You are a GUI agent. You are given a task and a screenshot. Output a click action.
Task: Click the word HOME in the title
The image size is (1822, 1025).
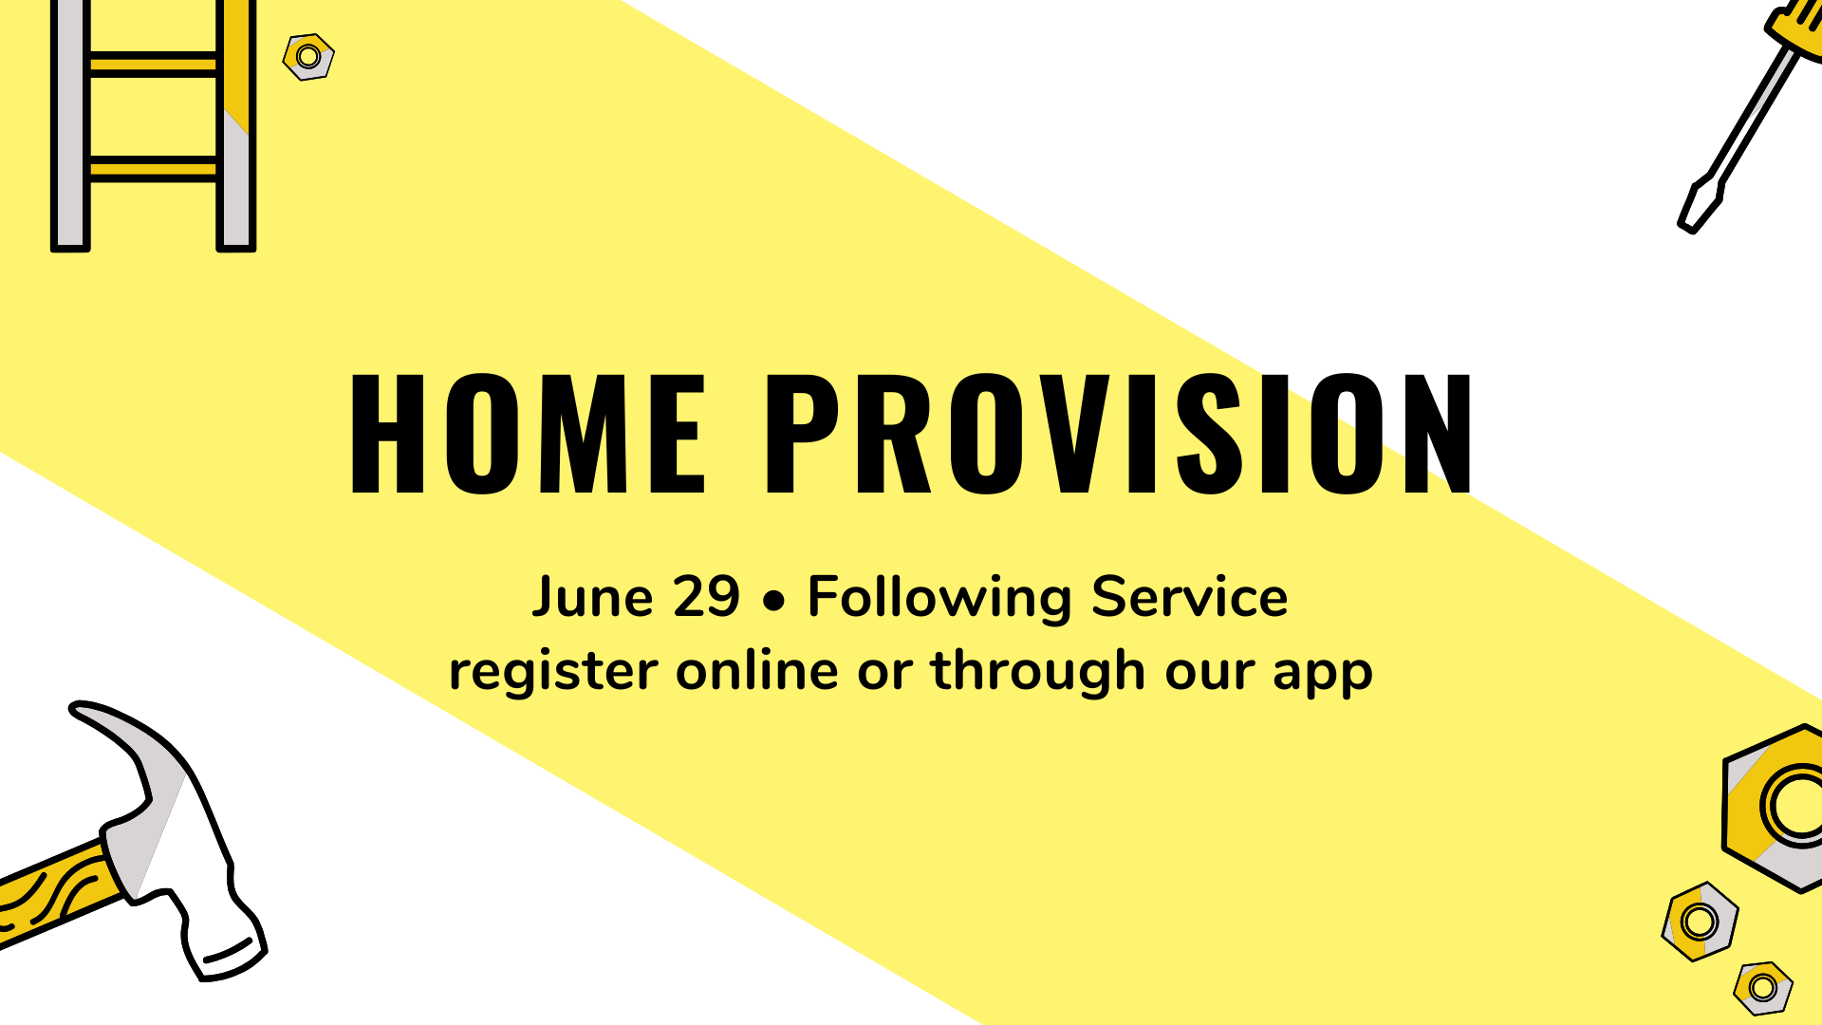point(528,434)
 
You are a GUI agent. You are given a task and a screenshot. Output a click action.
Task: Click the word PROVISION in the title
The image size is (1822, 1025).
point(1119,434)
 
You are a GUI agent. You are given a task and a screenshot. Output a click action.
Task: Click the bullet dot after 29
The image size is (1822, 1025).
point(774,600)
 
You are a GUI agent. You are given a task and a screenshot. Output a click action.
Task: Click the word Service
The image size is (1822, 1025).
point(1189,597)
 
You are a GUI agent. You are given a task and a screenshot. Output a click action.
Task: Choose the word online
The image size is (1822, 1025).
point(756,670)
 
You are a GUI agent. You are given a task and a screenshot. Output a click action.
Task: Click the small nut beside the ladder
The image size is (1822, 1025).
point(308,57)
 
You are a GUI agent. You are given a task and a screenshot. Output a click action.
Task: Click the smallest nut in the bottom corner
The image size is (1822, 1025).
point(1763,988)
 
